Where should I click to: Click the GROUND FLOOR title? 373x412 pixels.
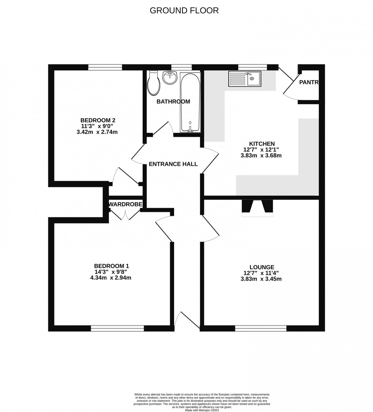click(184, 11)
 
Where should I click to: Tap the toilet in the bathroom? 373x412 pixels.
click(154, 83)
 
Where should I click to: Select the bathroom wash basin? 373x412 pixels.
click(169, 78)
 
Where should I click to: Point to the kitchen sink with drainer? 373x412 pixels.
click(245, 79)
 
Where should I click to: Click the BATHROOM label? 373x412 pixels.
click(173, 102)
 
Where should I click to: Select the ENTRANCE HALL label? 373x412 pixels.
click(173, 164)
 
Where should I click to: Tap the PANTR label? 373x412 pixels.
click(309, 83)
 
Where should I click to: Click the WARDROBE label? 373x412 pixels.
click(125, 205)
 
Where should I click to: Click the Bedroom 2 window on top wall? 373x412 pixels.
click(105, 67)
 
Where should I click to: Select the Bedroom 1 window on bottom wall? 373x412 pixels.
click(117, 329)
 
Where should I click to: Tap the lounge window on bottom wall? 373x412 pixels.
click(261, 329)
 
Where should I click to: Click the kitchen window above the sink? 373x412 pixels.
click(253, 67)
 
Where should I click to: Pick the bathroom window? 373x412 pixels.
click(181, 67)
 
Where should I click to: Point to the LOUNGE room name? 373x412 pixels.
click(262, 267)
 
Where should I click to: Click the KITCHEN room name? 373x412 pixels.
click(262, 144)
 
